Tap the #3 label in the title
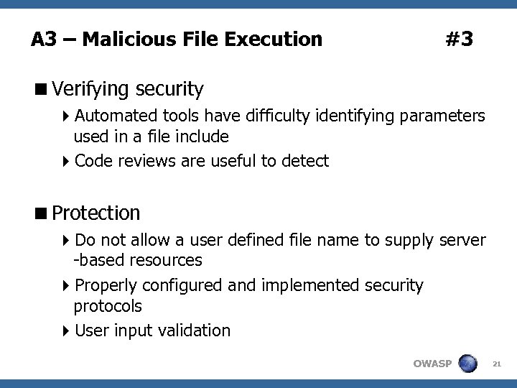tap(459, 39)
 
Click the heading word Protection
tap(96, 213)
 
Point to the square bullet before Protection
tap(42, 213)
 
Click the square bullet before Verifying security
tap(42, 90)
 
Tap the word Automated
tap(116, 116)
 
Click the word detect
tap(305, 161)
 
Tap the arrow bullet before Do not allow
tap(67, 240)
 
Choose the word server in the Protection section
tap(462, 239)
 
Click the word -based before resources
tap(97, 259)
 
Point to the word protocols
tap(108, 305)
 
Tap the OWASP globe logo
tap(468, 363)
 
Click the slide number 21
tap(495, 364)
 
